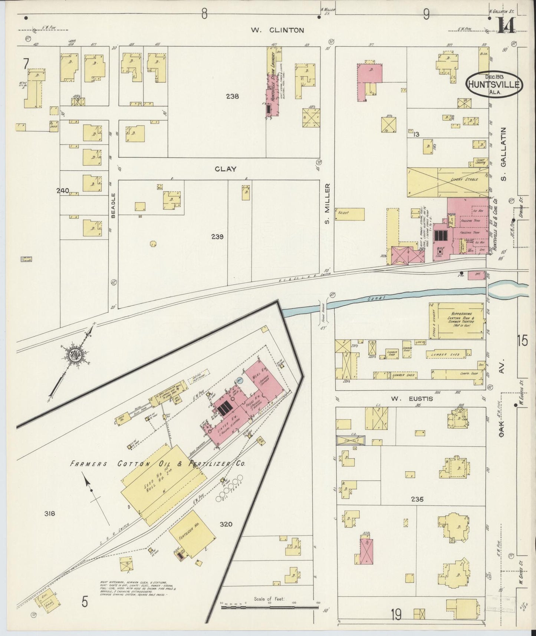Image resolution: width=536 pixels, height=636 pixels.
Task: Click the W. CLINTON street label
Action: [x=277, y=30]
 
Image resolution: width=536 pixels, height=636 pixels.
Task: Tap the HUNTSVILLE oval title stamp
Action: [x=494, y=84]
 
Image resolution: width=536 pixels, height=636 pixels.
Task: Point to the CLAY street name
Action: [x=226, y=169]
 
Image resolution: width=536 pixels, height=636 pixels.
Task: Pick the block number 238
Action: [x=233, y=96]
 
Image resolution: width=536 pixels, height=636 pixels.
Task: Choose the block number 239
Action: [x=217, y=237]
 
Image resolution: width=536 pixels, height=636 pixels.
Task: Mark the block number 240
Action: [x=63, y=191]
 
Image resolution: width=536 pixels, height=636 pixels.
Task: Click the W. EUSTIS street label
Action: [x=407, y=399]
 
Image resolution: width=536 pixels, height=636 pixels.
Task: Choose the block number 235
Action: [x=417, y=499]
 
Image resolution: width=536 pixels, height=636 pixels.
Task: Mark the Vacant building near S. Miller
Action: [x=349, y=214]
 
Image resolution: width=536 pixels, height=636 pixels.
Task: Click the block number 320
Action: [x=226, y=524]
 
